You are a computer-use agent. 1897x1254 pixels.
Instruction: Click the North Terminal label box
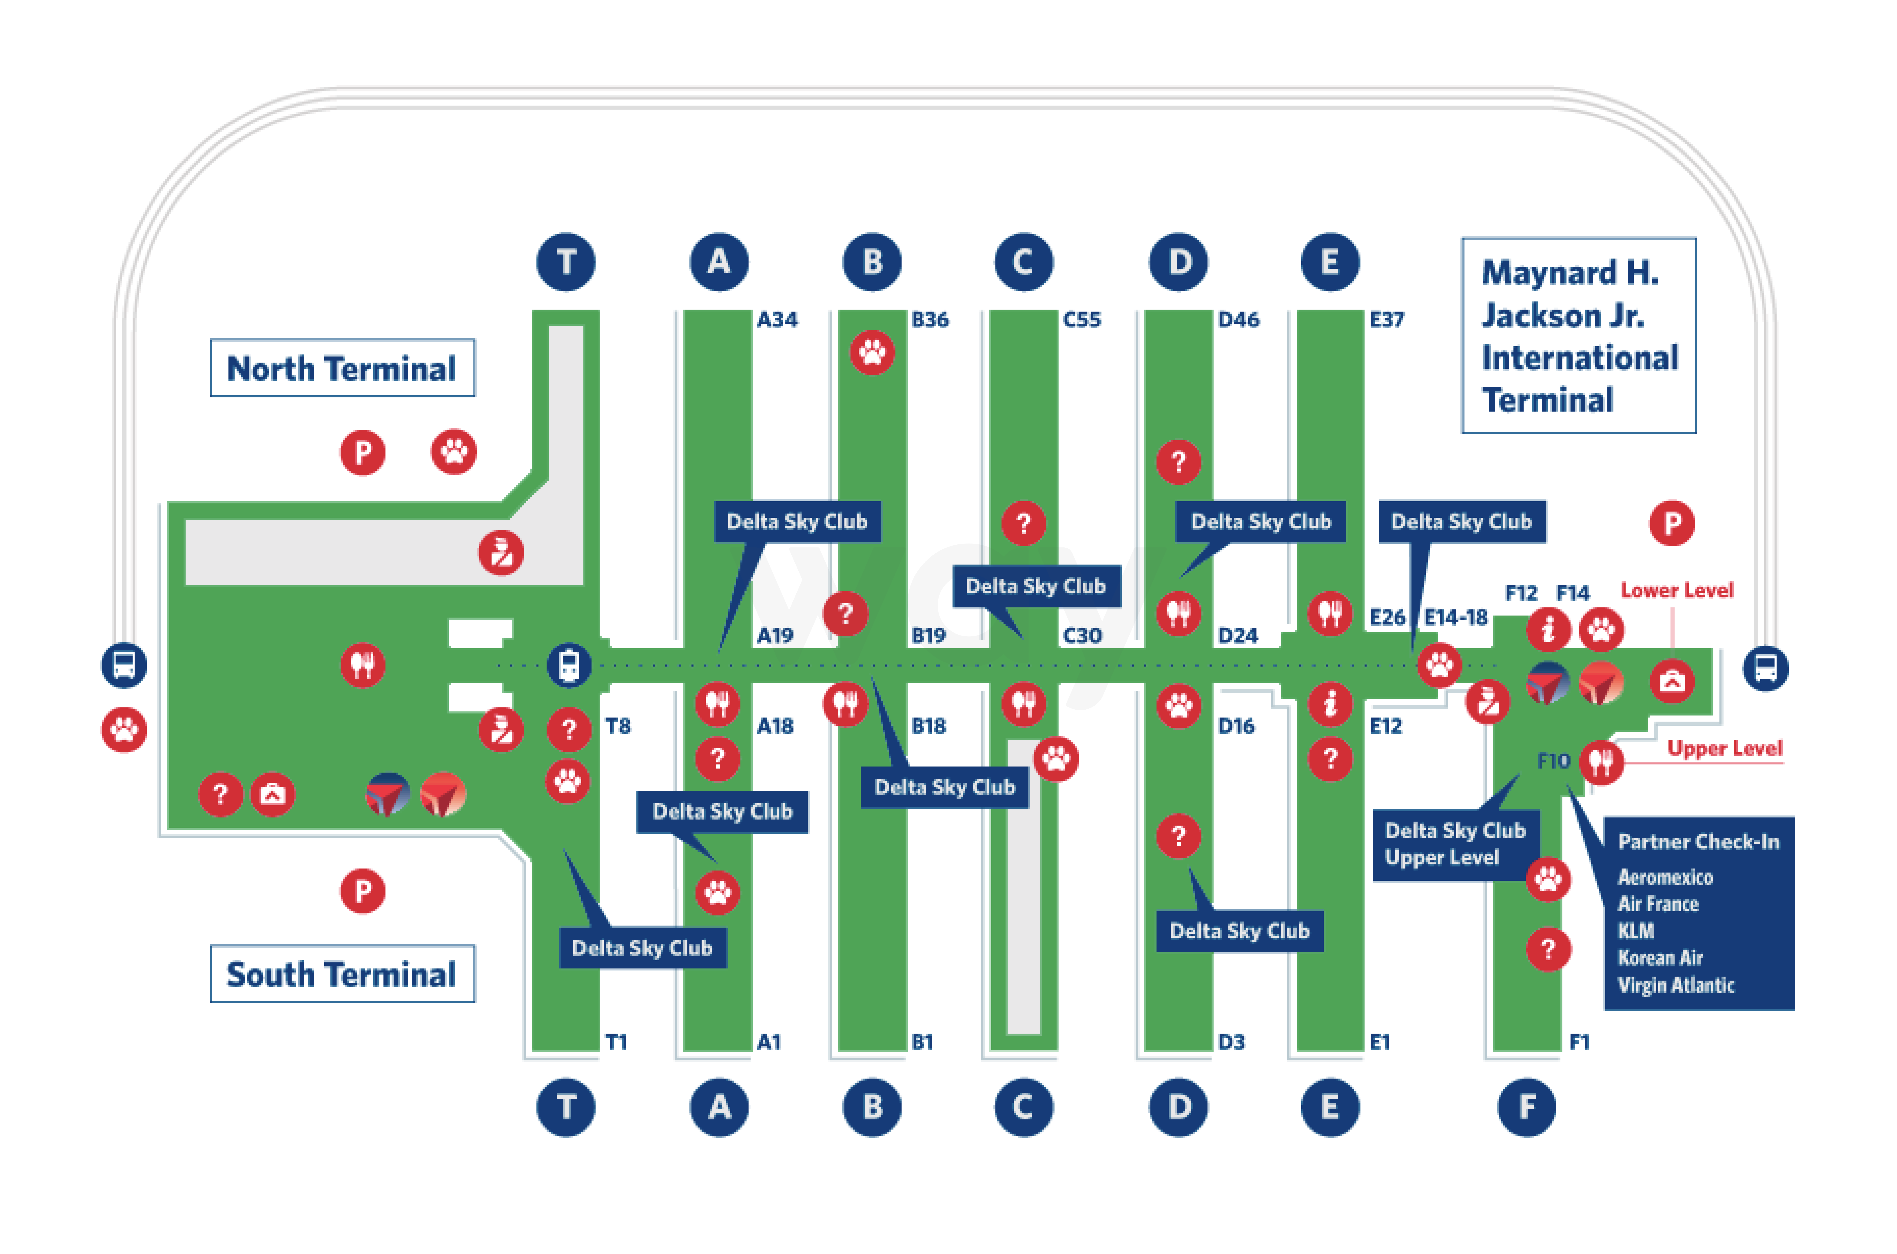point(342,368)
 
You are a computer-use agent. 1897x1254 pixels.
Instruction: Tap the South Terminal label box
point(342,973)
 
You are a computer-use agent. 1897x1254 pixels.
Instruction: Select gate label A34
point(777,320)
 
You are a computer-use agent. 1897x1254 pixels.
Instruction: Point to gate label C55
point(1081,320)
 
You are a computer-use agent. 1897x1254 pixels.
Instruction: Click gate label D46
point(1238,320)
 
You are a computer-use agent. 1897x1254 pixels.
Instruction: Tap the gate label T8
point(617,726)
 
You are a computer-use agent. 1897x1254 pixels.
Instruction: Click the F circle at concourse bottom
point(1526,1107)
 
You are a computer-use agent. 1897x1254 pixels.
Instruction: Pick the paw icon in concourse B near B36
point(872,352)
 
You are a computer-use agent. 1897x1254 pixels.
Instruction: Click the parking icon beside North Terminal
point(362,453)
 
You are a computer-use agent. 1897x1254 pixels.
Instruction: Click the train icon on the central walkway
point(569,665)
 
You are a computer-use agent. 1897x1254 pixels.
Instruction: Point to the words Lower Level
point(1676,590)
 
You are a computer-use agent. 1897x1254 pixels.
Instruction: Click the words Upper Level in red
point(1724,749)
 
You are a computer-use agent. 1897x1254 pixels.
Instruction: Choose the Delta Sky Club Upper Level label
point(1454,844)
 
